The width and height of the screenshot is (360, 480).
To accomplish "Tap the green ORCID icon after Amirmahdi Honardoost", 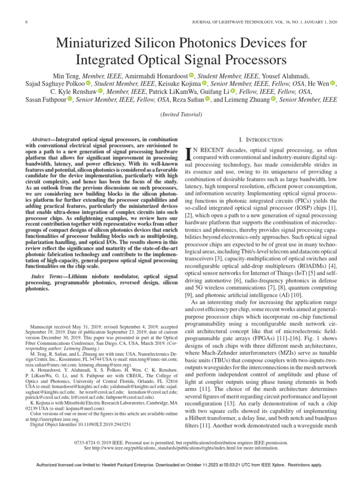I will (x=191, y=75).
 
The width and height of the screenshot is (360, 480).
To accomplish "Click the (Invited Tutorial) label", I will (x=181, y=114).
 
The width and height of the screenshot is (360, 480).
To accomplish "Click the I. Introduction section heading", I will (x=261, y=140).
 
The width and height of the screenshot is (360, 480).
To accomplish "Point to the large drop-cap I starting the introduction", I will (x=189, y=153).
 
